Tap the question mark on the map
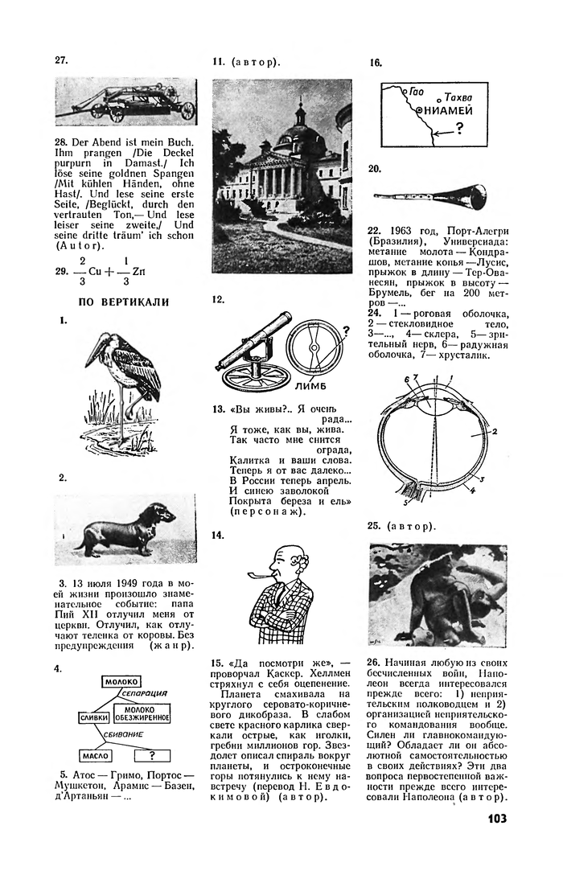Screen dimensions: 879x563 [458, 128]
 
